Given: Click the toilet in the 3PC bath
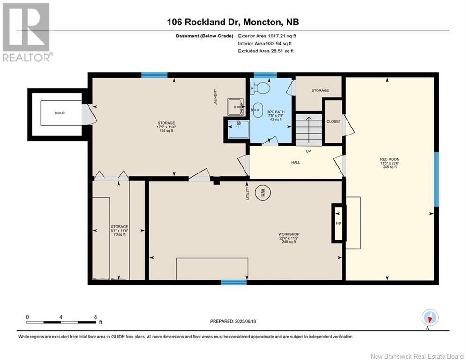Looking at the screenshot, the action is [260, 88].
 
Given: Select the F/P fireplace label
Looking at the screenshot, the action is [338, 223].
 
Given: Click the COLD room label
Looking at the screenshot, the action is [59, 113].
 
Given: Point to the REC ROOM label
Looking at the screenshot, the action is [390, 159].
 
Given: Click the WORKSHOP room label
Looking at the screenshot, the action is [288, 234].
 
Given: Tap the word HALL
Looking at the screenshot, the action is [296, 163].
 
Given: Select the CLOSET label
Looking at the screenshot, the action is [333, 122].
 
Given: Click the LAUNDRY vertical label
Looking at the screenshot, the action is [215, 97].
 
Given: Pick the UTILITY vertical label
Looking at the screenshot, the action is [248, 193].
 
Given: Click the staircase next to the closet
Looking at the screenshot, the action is [309, 130].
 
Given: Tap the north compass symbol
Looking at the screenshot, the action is [430, 317].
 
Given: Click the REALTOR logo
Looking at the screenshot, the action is [27, 32].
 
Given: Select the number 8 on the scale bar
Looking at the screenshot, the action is [96, 317].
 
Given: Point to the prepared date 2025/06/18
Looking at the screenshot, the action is [245, 321].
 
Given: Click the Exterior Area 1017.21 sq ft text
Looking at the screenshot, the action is [267, 36].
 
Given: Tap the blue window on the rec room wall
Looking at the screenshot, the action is [436, 180].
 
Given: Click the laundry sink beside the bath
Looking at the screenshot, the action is [236, 107].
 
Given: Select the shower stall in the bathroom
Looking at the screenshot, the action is [239, 129].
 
